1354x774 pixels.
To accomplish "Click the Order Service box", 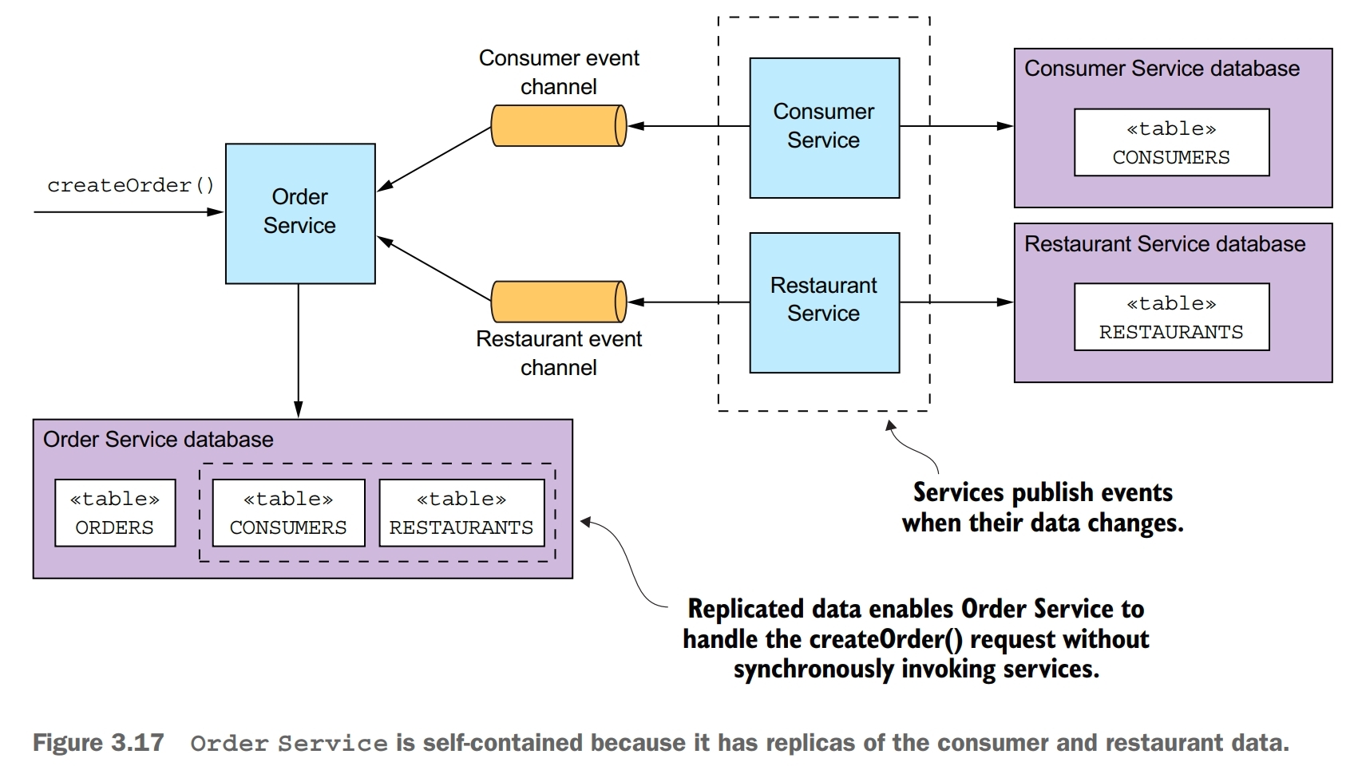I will (300, 213).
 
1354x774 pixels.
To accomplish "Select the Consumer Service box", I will (824, 127).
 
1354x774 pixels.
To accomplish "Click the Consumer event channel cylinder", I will (558, 126).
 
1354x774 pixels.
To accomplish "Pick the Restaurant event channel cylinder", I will (558, 302).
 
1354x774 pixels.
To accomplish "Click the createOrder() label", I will (130, 185).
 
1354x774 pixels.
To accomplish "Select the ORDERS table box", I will (115, 513).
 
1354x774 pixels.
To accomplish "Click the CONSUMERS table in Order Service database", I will (288, 513).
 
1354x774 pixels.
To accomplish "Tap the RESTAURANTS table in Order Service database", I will (461, 513).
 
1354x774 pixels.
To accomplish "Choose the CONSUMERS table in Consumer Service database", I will (1171, 143).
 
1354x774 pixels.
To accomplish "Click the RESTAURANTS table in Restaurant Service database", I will (1171, 318).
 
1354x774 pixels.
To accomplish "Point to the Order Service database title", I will (158, 440).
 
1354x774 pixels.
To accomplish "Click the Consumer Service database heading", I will (1162, 69).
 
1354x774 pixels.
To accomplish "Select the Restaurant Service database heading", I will (1165, 244).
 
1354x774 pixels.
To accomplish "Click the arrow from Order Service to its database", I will (299, 351).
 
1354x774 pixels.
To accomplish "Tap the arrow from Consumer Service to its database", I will (956, 126).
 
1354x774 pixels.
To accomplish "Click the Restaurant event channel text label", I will (559, 353).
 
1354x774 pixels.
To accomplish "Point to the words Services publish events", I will (1043, 492).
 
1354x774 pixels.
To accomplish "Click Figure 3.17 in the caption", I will (98, 743).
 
